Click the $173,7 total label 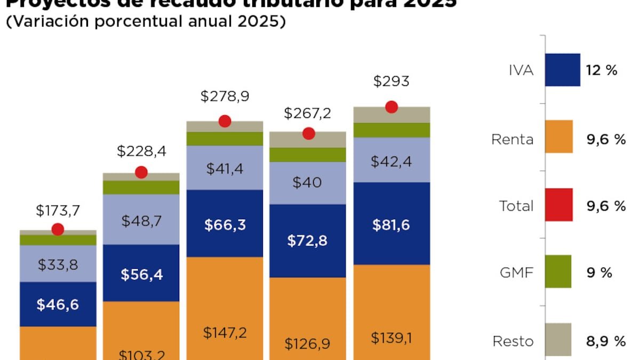(x=58, y=211)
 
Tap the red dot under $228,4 (x=141, y=172)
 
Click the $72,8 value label (x=308, y=241)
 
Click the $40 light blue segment (x=308, y=182)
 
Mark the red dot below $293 (x=391, y=107)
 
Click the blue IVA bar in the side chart (x=562, y=70)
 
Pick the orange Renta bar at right (x=558, y=137)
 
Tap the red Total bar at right (x=558, y=205)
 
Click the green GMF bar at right (x=558, y=271)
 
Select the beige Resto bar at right (x=558, y=340)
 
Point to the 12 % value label (x=602, y=70)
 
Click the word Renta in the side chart (x=513, y=140)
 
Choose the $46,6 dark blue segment (x=58, y=305)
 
